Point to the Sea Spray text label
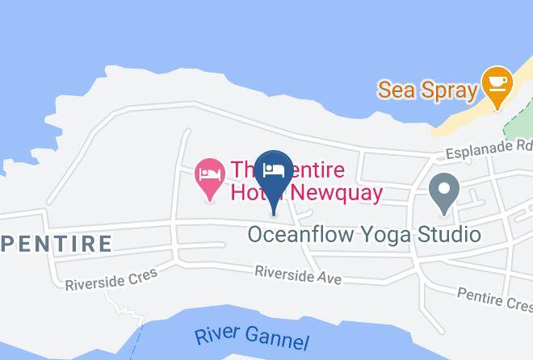[427, 89]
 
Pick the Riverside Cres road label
[111, 278]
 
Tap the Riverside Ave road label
[298, 274]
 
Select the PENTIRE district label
[56, 243]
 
